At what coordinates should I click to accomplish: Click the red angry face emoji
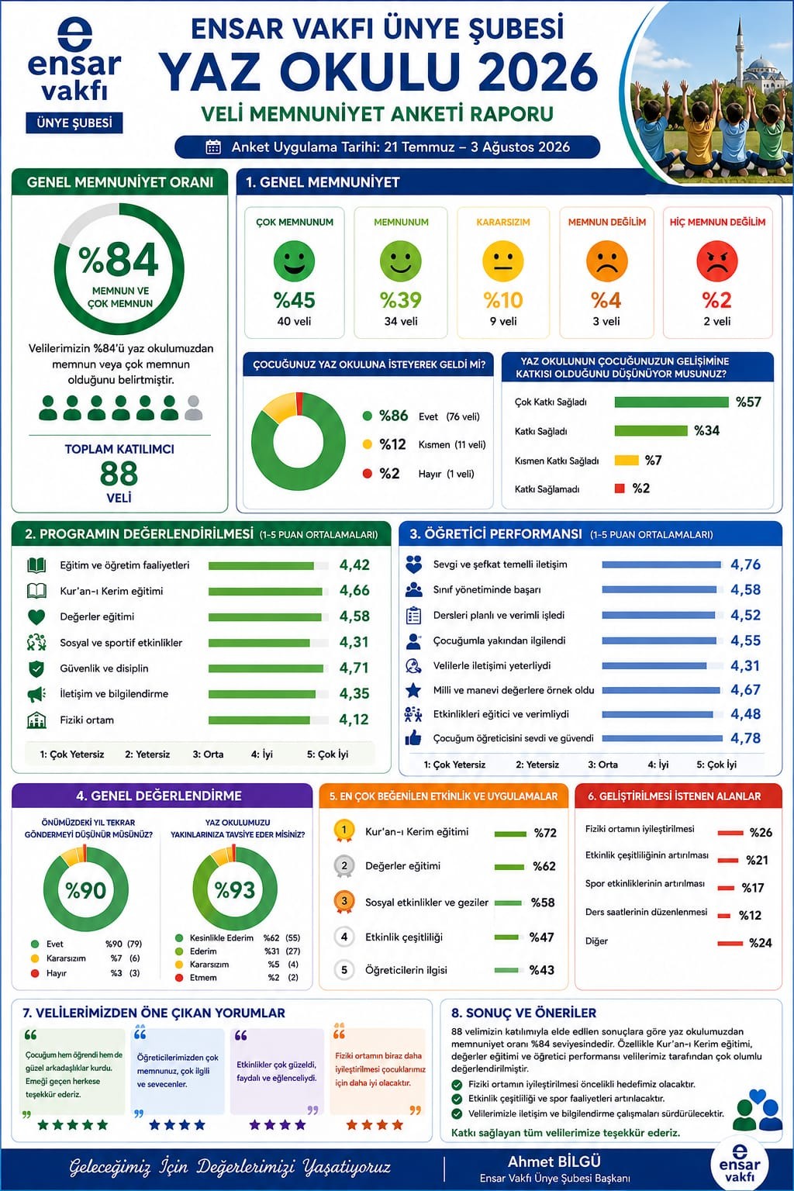(717, 261)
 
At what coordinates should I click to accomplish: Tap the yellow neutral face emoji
(503, 261)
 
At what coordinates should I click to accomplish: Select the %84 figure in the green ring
(119, 260)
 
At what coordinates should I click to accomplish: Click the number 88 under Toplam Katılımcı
(119, 473)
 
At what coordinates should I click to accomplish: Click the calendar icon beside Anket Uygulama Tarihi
(213, 147)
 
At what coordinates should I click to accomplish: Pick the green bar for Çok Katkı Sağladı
(671, 402)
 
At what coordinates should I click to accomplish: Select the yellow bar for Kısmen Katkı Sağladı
(627, 460)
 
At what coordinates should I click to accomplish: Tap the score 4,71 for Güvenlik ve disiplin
(354, 668)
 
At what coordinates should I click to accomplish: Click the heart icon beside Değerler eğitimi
(36, 616)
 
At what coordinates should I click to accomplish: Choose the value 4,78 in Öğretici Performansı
(746, 738)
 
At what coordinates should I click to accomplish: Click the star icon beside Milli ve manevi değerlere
(413, 690)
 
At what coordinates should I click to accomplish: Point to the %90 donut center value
(85, 890)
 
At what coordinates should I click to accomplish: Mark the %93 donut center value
(235, 890)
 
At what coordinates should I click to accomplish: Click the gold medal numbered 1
(343, 831)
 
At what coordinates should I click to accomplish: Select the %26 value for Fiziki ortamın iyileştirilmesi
(761, 833)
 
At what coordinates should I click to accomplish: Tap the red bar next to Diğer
(730, 943)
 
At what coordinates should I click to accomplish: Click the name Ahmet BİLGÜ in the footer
(554, 1162)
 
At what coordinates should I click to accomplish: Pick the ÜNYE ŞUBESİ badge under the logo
(74, 123)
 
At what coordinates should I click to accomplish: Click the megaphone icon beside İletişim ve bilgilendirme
(36, 694)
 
